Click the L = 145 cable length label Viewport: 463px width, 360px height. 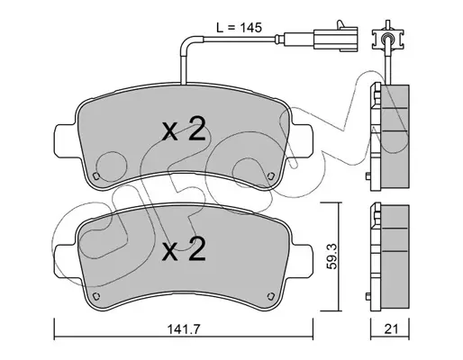click(x=240, y=28)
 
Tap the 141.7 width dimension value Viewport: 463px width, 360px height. click(x=183, y=329)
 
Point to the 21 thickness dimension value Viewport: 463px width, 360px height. click(x=391, y=329)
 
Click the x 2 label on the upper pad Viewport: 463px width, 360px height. click(x=184, y=130)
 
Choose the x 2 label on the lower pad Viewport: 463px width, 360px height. click(x=184, y=248)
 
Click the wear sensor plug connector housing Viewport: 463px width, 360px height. click(x=335, y=38)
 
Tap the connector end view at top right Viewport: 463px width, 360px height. click(x=387, y=38)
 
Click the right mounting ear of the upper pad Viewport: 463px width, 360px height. click(x=302, y=141)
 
